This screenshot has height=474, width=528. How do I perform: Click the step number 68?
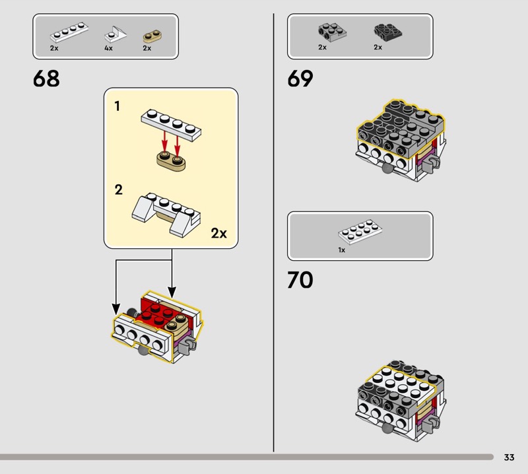pyautogui.click(x=46, y=79)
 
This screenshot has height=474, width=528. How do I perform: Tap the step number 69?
pyautogui.click(x=300, y=79)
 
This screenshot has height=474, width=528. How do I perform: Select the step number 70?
pyautogui.click(x=300, y=280)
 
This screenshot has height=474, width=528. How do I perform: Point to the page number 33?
pyautogui.click(x=509, y=457)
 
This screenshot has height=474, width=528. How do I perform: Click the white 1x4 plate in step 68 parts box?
pyautogui.click(x=69, y=32)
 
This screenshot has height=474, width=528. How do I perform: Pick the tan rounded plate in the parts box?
pyautogui.click(x=152, y=36)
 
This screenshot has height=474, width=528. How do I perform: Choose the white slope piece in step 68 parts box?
pyautogui.click(x=115, y=34)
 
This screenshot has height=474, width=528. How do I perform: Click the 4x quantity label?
pyautogui.click(x=108, y=48)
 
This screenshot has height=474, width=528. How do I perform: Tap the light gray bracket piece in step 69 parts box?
pyautogui.click(x=332, y=32)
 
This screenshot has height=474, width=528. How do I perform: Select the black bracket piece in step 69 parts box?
pyautogui.click(x=387, y=32)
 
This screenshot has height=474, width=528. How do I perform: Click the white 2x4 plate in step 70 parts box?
pyautogui.click(x=360, y=232)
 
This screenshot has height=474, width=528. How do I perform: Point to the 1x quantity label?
pyautogui.click(x=342, y=250)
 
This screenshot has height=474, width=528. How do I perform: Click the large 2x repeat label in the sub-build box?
pyautogui.click(x=219, y=233)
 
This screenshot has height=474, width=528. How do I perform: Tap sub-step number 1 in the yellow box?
pyautogui.click(x=117, y=106)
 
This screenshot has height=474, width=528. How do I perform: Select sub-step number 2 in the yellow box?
pyautogui.click(x=118, y=190)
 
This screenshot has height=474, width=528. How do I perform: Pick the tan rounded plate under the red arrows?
pyautogui.click(x=171, y=161)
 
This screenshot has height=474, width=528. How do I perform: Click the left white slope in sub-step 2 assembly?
pyautogui.click(x=143, y=209)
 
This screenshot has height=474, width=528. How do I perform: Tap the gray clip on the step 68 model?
pyautogui.click(x=187, y=347)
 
